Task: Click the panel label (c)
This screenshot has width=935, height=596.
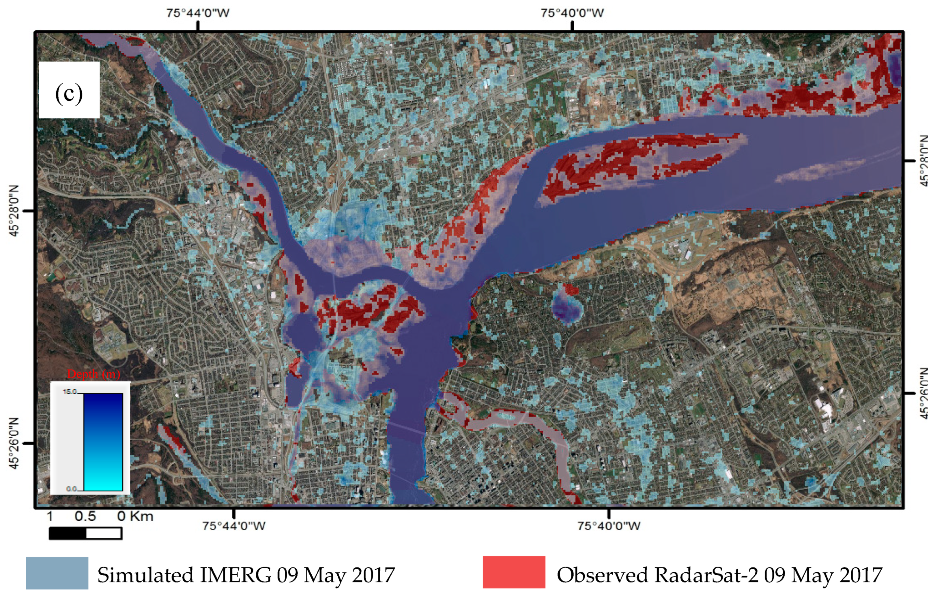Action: (69, 93)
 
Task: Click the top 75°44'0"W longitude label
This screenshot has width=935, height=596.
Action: (198, 13)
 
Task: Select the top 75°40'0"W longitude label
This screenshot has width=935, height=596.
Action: (572, 13)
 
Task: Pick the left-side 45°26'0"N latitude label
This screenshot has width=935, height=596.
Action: (14, 443)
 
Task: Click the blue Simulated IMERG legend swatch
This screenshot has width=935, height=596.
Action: (57, 573)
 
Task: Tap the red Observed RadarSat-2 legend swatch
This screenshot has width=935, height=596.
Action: (514, 572)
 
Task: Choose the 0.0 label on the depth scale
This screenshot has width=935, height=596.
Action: (72, 489)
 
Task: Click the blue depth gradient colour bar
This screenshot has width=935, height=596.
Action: (103, 442)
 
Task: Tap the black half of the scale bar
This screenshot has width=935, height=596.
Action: (68, 533)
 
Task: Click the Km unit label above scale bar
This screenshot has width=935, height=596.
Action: (141, 516)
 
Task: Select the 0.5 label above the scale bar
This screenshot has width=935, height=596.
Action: (85, 516)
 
